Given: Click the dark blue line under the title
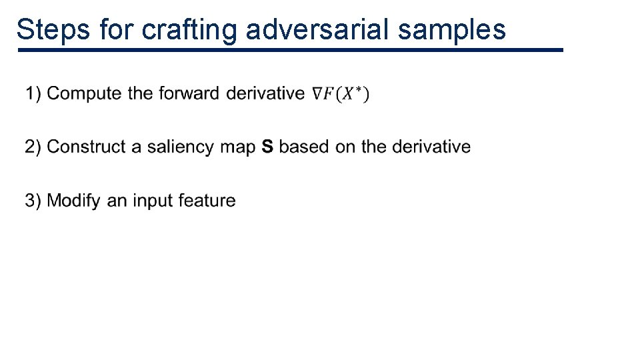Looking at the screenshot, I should click(x=291, y=50).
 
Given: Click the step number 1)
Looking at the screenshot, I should click(x=34, y=93).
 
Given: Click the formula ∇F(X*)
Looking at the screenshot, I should click(x=341, y=94).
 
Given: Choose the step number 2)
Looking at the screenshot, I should click(x=34, y=147).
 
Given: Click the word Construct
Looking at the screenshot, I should click(x=87, y=147).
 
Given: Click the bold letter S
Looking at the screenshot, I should click(x=267, y=147).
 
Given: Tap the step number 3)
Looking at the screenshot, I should click(x=34, y=201).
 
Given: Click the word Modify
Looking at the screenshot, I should click(x=74, y=201).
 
